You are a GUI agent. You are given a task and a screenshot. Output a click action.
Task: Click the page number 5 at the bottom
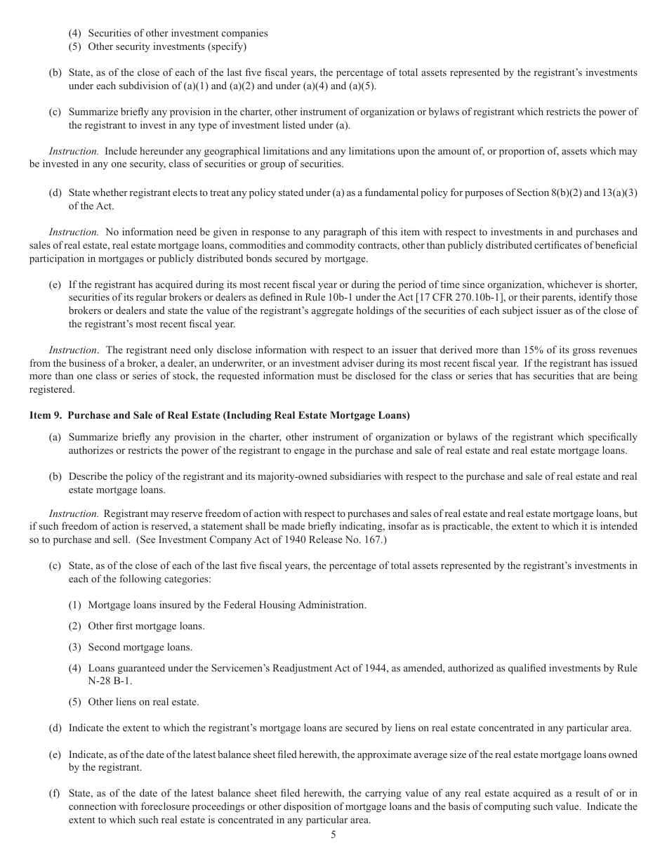pyautogui.click(x=333, y=835)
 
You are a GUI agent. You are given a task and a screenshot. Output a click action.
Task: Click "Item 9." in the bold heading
pyautogui.click(x=46, y=415)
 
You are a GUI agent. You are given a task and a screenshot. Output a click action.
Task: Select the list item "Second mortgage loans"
pyautogui.click(x=140, y=647)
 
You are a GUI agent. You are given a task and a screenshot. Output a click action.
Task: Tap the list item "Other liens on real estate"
pyautogui.click(x=143, y=702)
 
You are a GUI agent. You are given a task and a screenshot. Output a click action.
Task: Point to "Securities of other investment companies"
pyautogui.click(x=178, y=33)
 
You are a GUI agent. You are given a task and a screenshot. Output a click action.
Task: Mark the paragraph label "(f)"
pyautogui.click(x=54, y=794)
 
